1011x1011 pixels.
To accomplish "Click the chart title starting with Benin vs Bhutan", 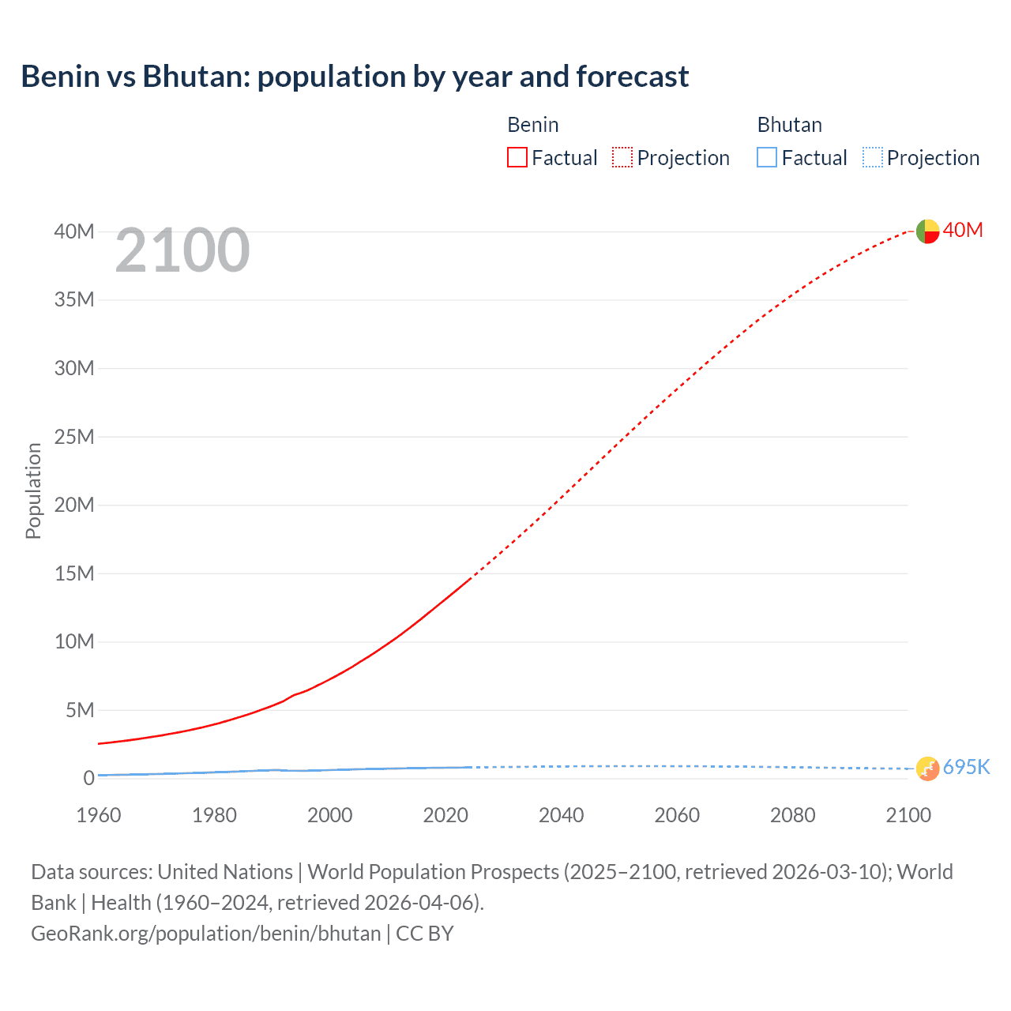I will pyautogui.click(x=355, y=77).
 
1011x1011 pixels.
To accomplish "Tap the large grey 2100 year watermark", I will pyautogui.click(x=182, y=250).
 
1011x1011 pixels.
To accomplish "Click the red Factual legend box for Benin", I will pyautogui.click(x=517, y=157).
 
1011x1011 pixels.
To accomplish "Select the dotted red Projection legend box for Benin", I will pyautogui.click(x=622, y=157).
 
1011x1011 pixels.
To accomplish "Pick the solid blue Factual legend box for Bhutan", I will pyautogui.click(x=767, y=157).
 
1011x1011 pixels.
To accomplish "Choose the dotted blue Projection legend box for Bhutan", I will pyautogui.click(x=873, y=157).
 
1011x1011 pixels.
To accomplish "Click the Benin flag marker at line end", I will pyautogui.click(x=927, y=231).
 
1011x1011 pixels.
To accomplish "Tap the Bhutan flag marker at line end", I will pyautogui.click(x=927, y=768).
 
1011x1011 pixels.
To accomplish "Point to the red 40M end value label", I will pyautogui.click(x=963, y=230).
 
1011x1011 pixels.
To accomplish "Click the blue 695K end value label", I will pyautogui.click(x=967, y=767).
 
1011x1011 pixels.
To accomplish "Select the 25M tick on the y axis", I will pyautogui.click(x=74, y=437).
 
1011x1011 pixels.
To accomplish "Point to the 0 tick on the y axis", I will pyautogui.click(x=88, y=778).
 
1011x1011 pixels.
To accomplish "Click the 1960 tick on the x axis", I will pyautogui.click(x=99, y=815).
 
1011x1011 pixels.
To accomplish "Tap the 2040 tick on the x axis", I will pyautogui.click(x=562, y=815).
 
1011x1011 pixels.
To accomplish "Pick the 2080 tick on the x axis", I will pyautogui.click(x=793, y=815).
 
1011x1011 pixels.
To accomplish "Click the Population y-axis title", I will pyautogui.click(x=33, y=490).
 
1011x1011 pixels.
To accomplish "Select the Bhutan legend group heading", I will pyautogui.click(x=789, y=125).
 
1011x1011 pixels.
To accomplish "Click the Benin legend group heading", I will pyautogui.click(x=533, y=125).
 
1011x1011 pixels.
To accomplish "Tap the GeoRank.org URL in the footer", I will pyautogui.click(x=206, y=934).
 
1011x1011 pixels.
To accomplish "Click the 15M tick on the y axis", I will pyautogui.click(x=74, y=573).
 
